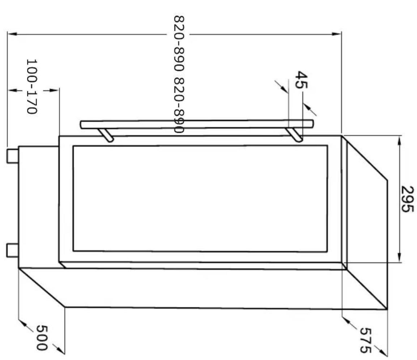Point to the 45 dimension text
pyautogui.click(x=302, y=79)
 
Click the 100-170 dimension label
pyautogui.click(x=31, y=86)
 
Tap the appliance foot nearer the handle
pyautogui.click(x=12, y=156)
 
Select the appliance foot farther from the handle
pyautogui.click(x=12, y=250)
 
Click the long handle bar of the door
pyautogui.click(x=197, y=124)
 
